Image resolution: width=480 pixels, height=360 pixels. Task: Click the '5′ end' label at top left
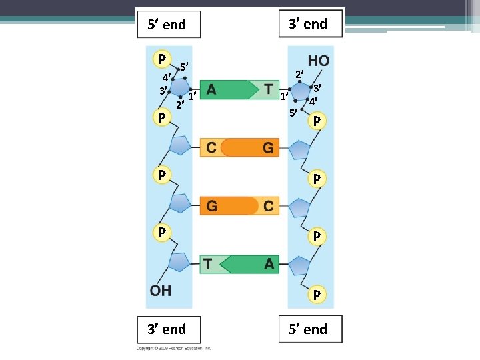click(166, 25)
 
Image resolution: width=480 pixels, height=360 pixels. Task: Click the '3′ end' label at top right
click(307, 24)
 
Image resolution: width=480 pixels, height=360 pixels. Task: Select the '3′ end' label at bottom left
click(166, 329)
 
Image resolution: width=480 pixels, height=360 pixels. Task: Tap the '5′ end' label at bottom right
click(307, 329)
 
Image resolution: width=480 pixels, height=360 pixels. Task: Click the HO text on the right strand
click(318, 61)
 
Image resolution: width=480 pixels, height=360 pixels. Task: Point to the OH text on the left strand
click(161, 291)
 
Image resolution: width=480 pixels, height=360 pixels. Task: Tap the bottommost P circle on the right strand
click(317, 294)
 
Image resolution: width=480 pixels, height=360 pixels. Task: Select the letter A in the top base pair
click(211, 89)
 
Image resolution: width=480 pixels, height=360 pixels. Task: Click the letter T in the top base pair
click(268, 89)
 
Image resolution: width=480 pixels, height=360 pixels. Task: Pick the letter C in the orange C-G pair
click(211, 147)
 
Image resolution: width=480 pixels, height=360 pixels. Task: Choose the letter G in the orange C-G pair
click(268, 147)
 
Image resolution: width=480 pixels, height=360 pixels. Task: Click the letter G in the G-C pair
click(211, 206)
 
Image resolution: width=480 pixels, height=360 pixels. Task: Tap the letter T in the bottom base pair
click(208, 264)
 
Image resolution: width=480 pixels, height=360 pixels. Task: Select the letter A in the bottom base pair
click(269, 264)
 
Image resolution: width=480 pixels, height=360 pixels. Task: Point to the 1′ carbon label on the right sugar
click(283, 97)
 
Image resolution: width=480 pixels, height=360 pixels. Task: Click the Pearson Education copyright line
click(174, 348)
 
